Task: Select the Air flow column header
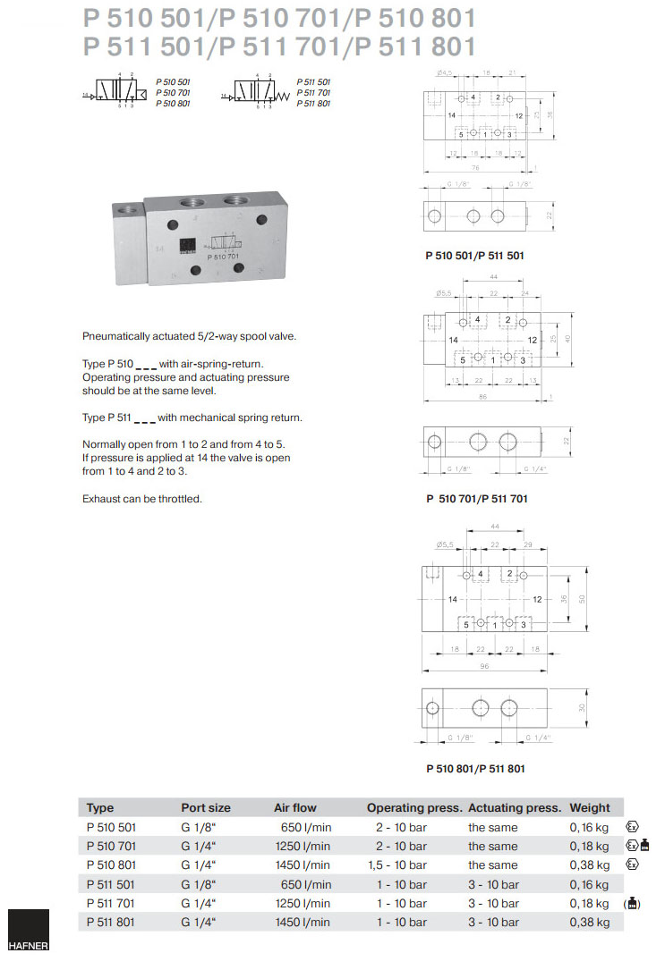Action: tap(294, 807)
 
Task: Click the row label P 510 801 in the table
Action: tap(111, 865)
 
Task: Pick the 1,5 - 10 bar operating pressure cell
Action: tap(396, 865)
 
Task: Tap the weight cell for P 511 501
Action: tap(589, 884)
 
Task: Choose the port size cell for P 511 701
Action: tap(199, 903)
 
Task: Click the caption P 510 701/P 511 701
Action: tap(476, 499)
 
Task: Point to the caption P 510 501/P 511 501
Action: tap(474, 256)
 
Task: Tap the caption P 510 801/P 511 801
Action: tap(474, 768)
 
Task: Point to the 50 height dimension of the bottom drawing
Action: tap(582, 597)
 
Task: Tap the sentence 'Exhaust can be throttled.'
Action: tap(141, 499)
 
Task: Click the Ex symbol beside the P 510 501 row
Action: tap(632, 827)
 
